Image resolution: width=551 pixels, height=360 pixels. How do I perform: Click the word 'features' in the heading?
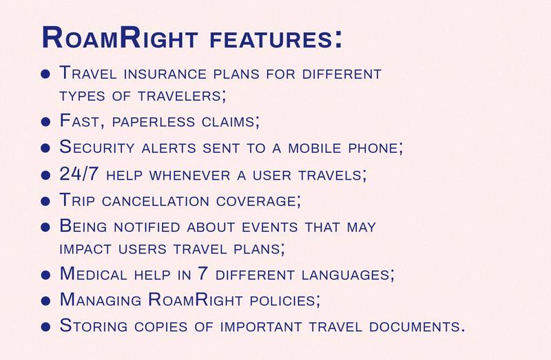(271, 39)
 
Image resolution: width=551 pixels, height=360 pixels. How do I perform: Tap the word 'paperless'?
(153, 123)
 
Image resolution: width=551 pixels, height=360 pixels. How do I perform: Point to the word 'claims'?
(229, 122)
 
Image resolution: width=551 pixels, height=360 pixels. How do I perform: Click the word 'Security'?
(97, 147)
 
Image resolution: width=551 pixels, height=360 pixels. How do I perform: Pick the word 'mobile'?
(315, 148)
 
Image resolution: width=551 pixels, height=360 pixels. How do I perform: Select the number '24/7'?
(79, 173)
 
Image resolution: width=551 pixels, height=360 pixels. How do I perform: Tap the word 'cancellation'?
(156, 201)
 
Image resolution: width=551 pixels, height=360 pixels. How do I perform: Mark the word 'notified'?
(147, 227)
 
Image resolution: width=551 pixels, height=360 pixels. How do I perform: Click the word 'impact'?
(85, 249)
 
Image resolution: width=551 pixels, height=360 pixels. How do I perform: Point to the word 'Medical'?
(94, 273)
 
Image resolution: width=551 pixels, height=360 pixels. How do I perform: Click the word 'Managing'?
(101, 299)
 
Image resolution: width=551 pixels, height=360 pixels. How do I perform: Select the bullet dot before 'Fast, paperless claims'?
(45, 122)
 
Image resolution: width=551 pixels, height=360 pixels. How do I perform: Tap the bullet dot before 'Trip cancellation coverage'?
(45, 201)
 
